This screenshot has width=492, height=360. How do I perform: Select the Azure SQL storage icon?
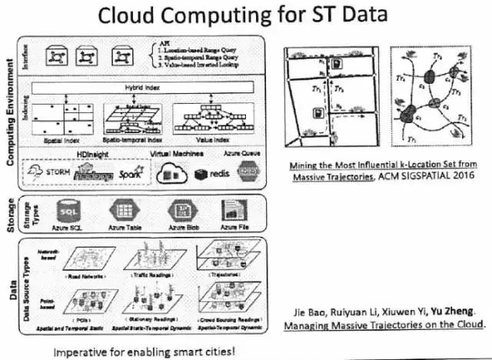[x=67, y=210]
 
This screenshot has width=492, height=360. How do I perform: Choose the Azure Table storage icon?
[x=124, y=210]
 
